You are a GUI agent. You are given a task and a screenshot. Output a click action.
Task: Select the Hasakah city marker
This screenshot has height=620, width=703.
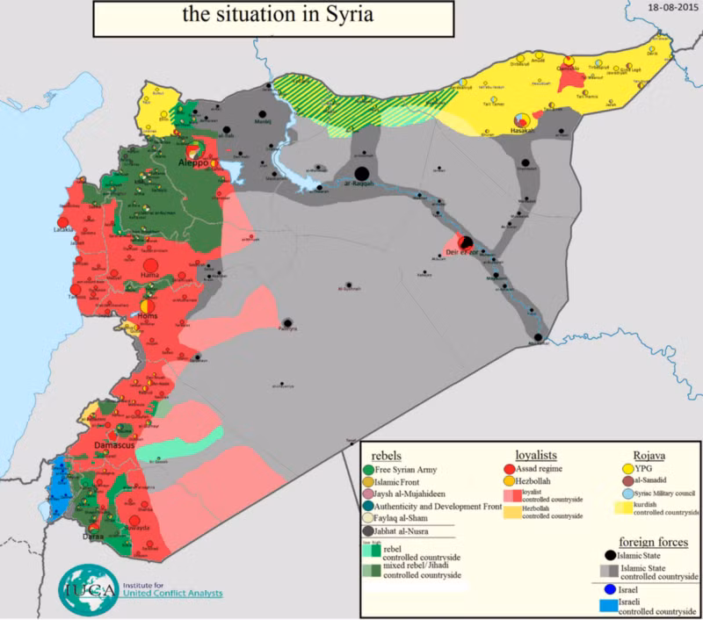click(x=521, y=119)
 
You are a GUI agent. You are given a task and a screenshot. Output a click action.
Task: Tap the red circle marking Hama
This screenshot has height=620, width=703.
click(x=149, y=263)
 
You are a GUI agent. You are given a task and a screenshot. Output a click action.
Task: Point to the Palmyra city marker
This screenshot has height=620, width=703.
click(x=287, y=322)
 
